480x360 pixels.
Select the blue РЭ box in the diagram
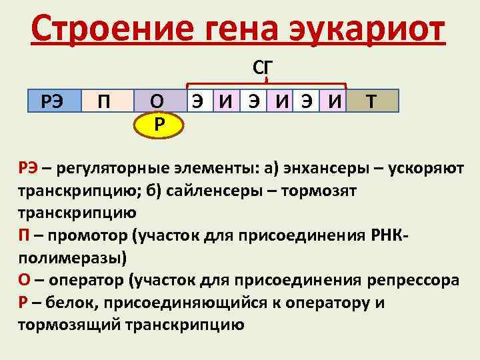tap(53, 101)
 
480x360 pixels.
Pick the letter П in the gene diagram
tap(104, 102)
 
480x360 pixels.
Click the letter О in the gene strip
tap(155, 101)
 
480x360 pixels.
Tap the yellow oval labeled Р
tap(157, 125)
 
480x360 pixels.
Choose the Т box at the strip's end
tap(372, 101)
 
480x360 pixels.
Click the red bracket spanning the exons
tap(267, 85)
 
